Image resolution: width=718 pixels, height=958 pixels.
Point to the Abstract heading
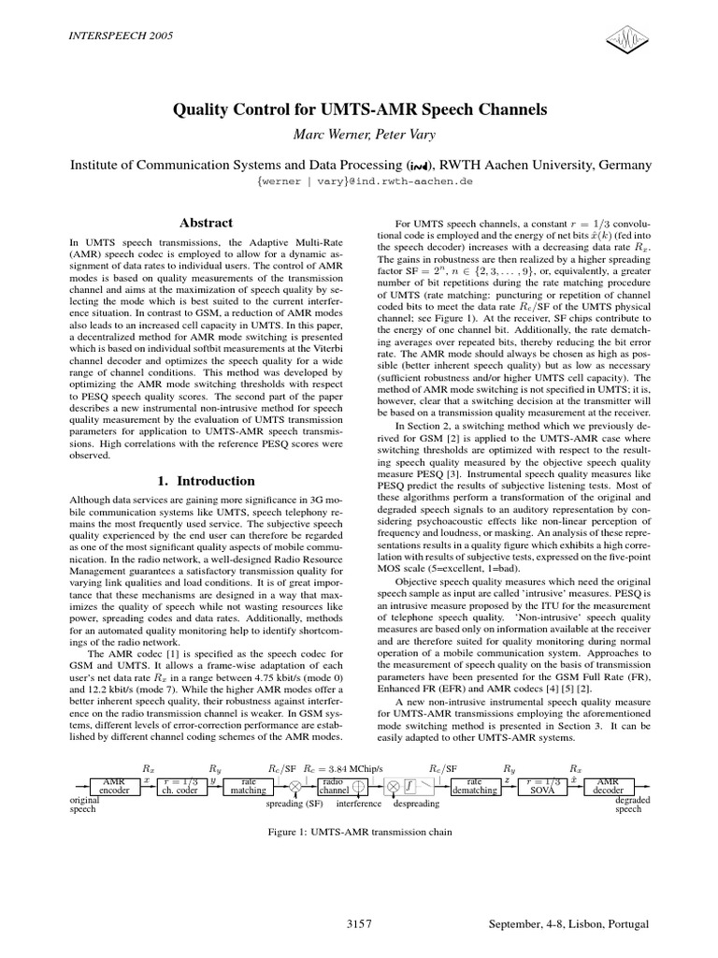pyautogui.click(x=205, y=223)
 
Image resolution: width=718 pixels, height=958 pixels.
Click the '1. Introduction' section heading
pyautogui.click(x=205, y=481)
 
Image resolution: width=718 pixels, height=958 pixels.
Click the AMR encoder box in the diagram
pyautogui.click(x=113, y=783)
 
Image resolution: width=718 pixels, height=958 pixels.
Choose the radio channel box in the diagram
pyautogui.click(x=333, y=783)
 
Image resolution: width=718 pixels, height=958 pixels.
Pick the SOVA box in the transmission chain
pyautogui.click(x=546, y=783)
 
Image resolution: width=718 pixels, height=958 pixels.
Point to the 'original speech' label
pyautogui.click(x=84, y=805)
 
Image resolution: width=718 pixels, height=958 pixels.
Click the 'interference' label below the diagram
pyautogui.click(x=358, y=803)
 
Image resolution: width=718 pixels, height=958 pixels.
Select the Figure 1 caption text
pyautogui.click(x=360, y=831)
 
